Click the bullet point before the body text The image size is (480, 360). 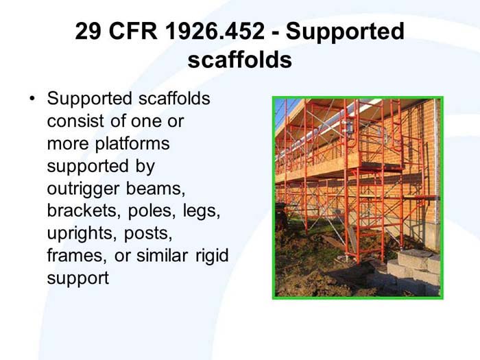32,99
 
